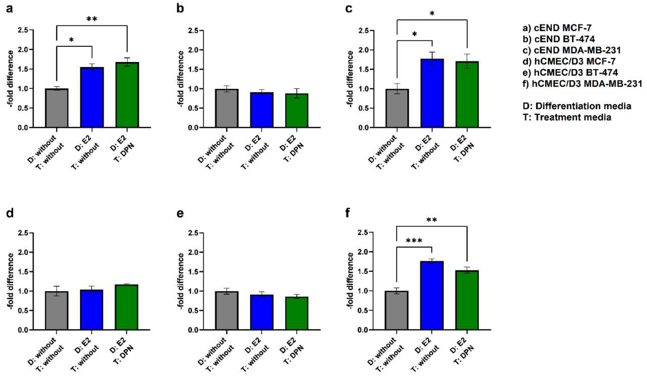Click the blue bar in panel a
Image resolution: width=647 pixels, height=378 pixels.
(x=92, y=98)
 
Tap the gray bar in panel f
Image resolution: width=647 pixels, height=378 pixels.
(x=397, y=310)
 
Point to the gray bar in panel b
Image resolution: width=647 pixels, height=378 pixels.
(x=227, y=108)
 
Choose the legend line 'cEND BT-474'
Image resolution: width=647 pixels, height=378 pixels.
(x=559, y=39)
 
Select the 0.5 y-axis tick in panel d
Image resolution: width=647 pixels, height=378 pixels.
(x=24, y=310)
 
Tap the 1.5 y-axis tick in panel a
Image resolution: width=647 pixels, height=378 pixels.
(x=24, y=69)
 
